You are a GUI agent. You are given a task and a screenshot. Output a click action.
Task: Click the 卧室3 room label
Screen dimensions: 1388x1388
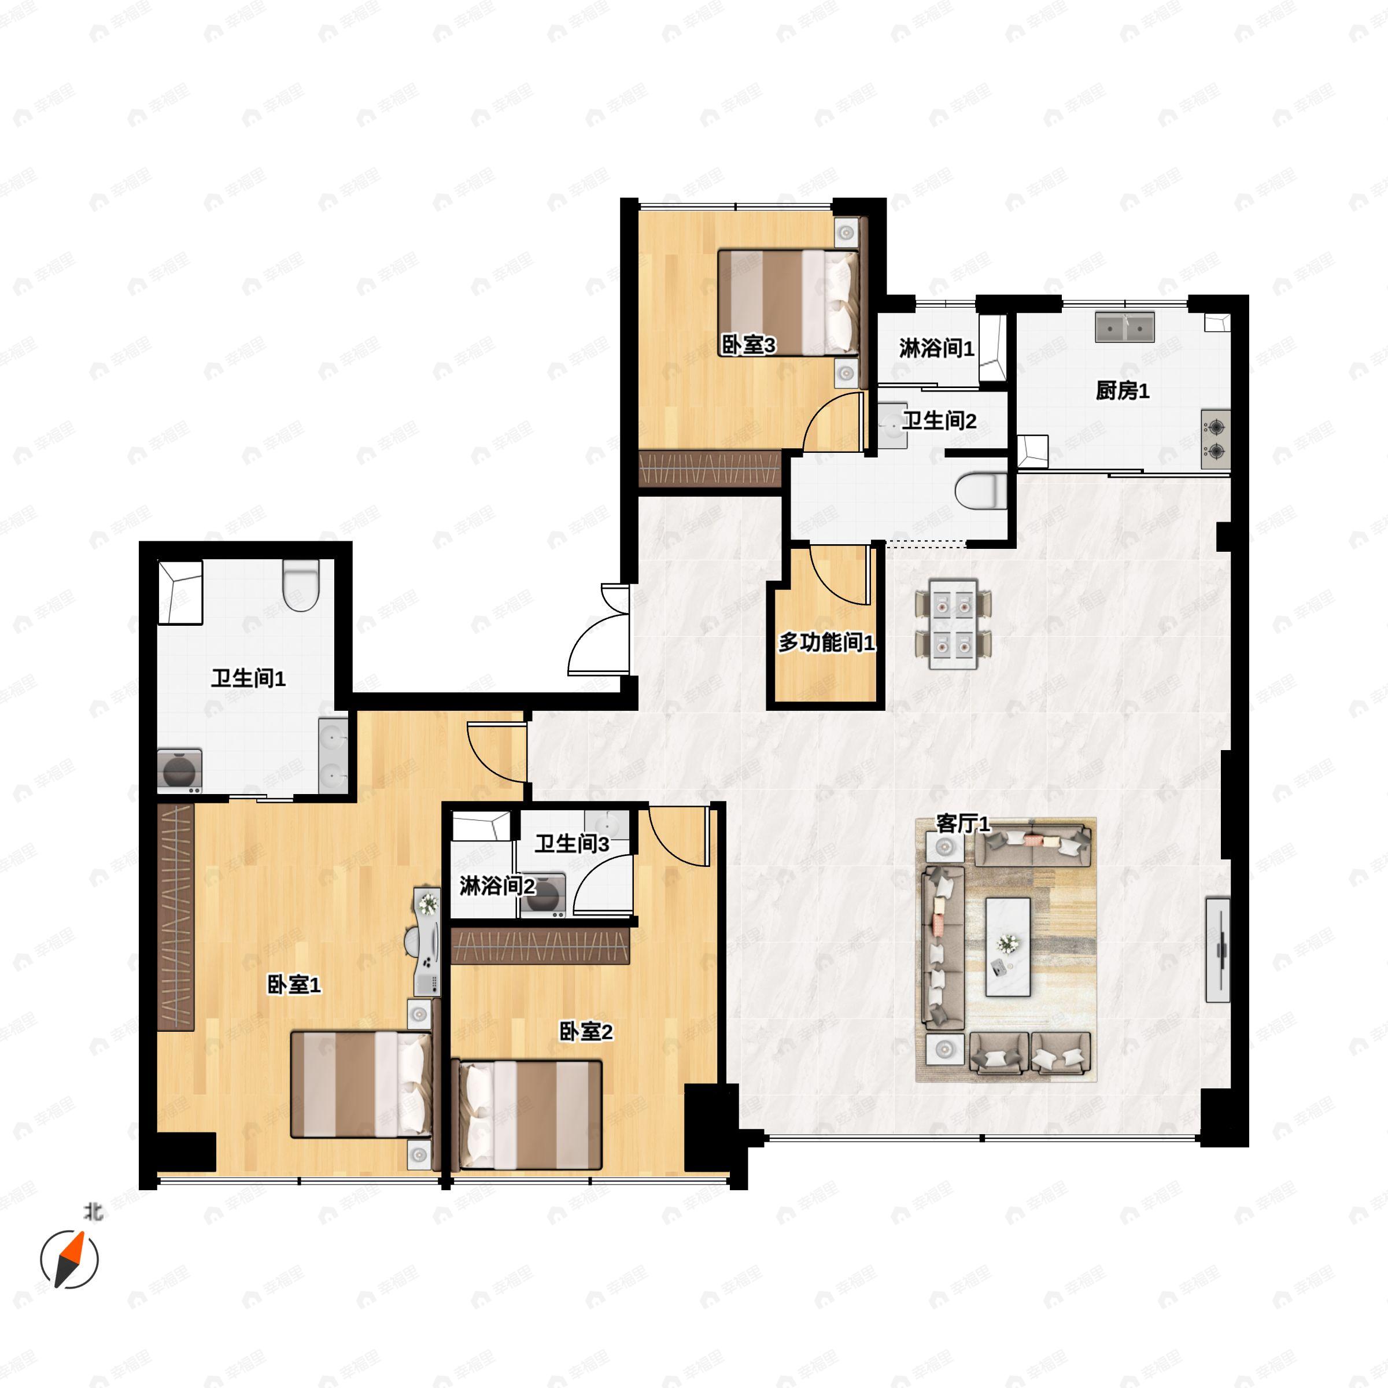tap(748, 346)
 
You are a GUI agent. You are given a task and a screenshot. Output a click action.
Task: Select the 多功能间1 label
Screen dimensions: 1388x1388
tap(827, 643)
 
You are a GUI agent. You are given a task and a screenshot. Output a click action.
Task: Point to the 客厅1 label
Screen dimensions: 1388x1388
tap(963, 824)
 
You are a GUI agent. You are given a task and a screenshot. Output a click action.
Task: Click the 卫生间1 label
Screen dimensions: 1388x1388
tap(248, 677)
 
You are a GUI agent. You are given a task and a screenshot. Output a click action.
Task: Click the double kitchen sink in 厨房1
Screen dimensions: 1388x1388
tap(1124, 327)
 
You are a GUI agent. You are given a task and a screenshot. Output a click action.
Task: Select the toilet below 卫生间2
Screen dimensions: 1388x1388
tap(981, 492)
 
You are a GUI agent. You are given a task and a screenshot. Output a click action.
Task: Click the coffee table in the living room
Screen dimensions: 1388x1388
tap(1007, 946)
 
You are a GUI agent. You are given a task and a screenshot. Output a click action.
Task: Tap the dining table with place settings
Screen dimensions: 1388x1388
tap(953, 623)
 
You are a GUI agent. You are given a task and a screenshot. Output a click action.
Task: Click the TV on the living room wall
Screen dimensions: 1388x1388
tap(1218, 949)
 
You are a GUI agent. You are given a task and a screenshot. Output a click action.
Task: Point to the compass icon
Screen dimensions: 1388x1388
tap(69, 1258)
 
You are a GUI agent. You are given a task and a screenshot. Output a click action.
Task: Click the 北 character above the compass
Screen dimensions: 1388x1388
tap(93, 1213)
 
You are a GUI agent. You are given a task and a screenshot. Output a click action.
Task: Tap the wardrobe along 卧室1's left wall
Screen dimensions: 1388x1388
tap(176, 917)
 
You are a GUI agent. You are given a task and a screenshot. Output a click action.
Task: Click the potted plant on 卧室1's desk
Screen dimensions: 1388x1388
tap(428, 903)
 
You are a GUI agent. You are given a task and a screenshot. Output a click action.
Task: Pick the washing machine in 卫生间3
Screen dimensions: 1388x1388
tap(543, 895)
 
